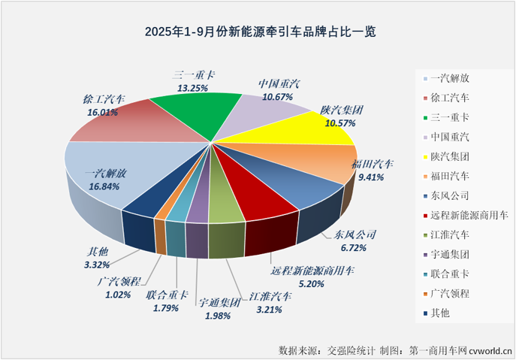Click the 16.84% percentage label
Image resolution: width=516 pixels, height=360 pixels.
coord(103,186)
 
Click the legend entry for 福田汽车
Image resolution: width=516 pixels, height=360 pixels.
coord(450,177)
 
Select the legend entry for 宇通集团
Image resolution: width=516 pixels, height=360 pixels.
coord(450,256)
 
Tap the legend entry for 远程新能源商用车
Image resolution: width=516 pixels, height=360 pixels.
coord(460,216)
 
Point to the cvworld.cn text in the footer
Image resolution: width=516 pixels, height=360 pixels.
coord(484,349)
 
